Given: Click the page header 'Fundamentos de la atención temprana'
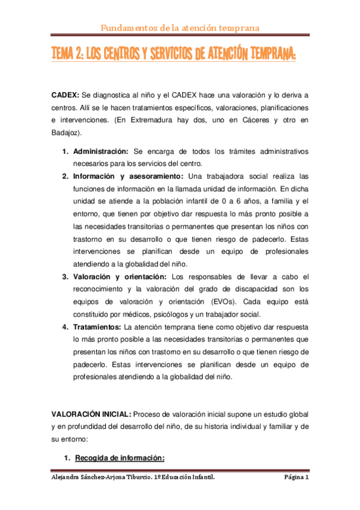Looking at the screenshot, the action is pos(179,28).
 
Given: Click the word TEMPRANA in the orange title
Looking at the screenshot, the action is pos(265,55).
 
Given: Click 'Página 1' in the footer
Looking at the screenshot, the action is pos(296,478).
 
